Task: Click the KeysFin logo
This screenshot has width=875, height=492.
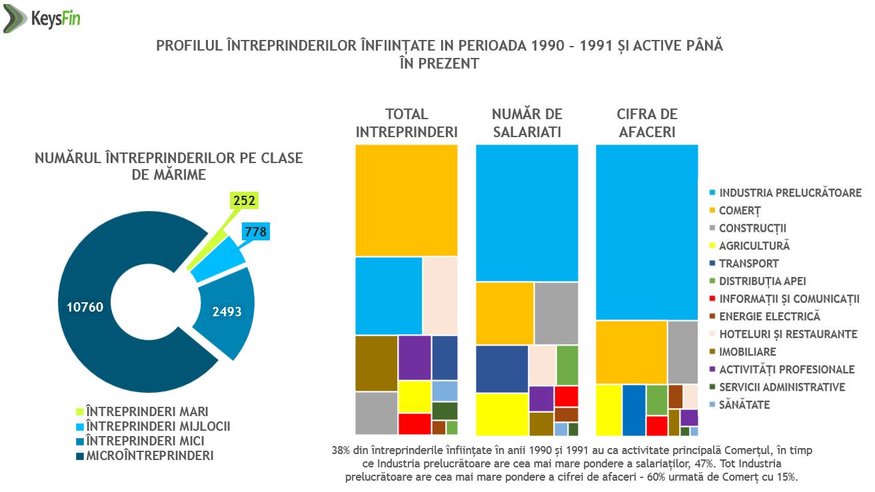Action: point(42,19)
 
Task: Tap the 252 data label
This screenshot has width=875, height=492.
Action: point(244,200)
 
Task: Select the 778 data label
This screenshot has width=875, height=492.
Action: point(256,232)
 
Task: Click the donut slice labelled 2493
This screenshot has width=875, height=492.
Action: point(227,312)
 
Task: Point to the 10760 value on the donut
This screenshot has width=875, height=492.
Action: point(85,307)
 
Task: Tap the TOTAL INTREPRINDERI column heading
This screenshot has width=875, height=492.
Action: point(407,123)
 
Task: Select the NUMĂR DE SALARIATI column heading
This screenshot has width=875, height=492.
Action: point(526,123)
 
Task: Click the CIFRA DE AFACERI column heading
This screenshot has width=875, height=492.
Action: point(646,123)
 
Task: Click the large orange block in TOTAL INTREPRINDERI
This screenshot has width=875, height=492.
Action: point(407,200)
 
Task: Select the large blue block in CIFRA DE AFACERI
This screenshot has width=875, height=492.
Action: point(646,232)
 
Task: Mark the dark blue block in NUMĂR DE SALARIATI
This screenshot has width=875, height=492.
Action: point(502,369)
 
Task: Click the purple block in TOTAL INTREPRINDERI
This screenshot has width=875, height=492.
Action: point(415,358)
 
